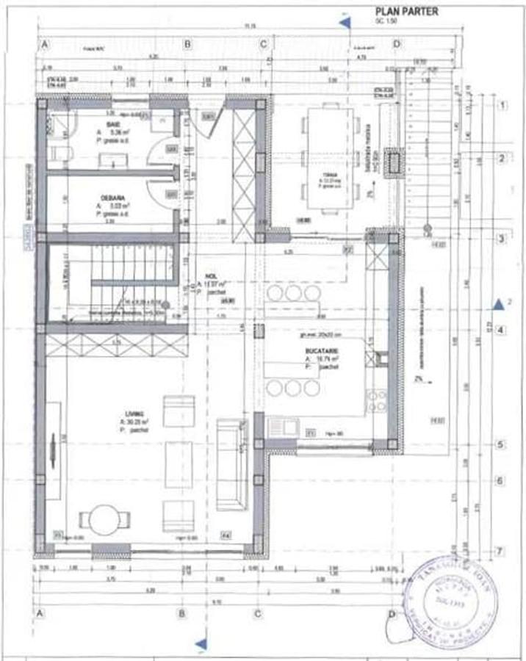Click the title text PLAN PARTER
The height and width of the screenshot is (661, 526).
(407, 11)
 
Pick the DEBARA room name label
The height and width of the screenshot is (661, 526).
(112, 198)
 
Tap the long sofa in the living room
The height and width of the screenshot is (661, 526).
(233, 466)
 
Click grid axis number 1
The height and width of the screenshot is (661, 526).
(502, 106)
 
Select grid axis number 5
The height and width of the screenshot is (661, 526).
(499, 444)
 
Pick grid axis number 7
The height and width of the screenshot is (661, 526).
(499, 552)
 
